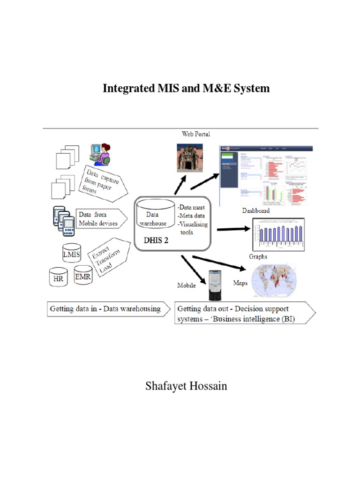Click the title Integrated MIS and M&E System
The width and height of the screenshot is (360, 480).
[186, 88]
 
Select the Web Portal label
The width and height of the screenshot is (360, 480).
[196, 134]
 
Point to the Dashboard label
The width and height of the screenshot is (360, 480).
[255, 211]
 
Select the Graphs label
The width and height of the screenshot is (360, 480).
[258, 256]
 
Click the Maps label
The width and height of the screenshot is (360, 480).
[240, 283]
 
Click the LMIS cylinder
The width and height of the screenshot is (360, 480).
[72, 254]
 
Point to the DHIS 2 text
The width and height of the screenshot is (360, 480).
[159, 240]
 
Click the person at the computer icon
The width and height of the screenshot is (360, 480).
[100, 154]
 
